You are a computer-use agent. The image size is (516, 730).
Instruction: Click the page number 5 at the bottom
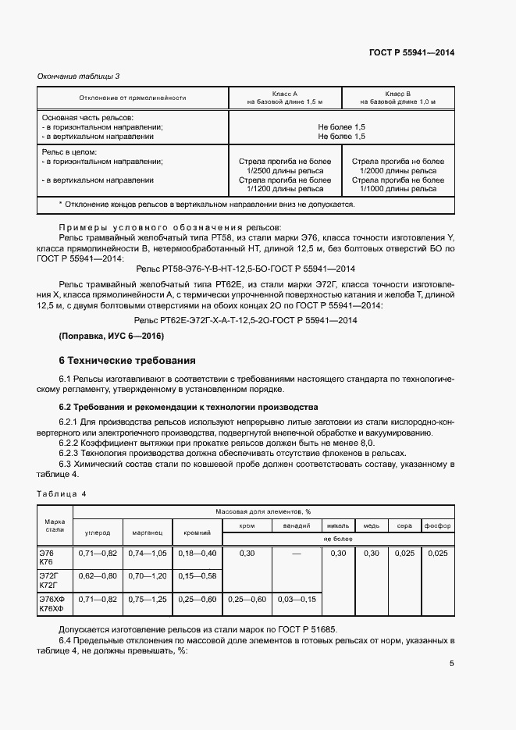451,664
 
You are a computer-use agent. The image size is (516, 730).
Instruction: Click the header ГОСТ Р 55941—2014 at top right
411,52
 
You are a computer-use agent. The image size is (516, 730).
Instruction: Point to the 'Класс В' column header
397,93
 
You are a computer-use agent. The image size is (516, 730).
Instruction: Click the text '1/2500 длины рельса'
284,170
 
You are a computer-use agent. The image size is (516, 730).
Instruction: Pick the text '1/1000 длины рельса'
398,188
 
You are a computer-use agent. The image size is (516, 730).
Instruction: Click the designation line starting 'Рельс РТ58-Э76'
246,268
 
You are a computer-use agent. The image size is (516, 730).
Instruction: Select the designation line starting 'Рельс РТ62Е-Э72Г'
246,320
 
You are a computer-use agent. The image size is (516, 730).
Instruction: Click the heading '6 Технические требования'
123,361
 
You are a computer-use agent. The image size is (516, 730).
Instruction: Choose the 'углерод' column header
98,532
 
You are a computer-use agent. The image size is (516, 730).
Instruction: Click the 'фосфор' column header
438,525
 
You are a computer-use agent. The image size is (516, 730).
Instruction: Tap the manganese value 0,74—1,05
148,553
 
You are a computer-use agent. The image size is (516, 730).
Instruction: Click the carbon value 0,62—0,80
98,575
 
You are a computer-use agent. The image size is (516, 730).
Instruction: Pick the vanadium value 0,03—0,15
297,599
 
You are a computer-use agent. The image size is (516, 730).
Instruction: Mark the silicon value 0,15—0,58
197,575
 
